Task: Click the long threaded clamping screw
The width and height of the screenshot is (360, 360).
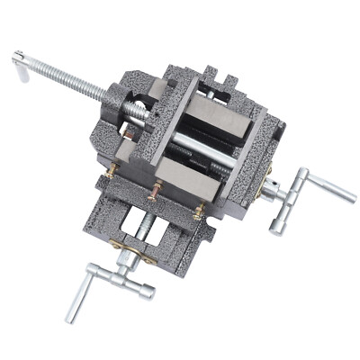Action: click(x=76, y=83)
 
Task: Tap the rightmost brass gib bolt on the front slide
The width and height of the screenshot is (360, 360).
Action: click(x=199, y=212)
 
